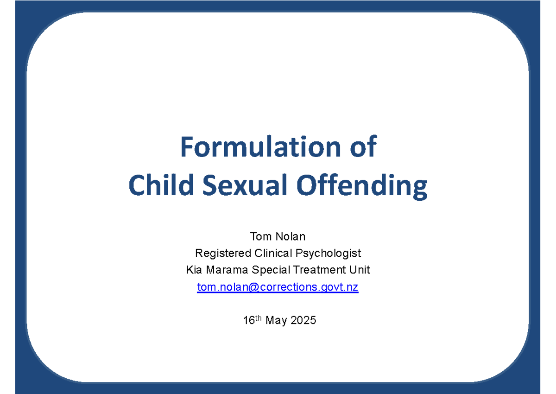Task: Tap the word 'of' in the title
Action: (x=362, y=147)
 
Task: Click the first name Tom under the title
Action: (x=260, y=236)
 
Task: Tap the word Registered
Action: (x=223, y=254)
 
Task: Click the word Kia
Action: (x=193, y=270)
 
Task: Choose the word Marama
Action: (x=223, y=270)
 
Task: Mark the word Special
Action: (x=266, y=270)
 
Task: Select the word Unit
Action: (x=360, y=270)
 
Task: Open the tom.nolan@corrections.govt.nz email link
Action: (x=278, y=287)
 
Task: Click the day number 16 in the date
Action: (x=249, y=320)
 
